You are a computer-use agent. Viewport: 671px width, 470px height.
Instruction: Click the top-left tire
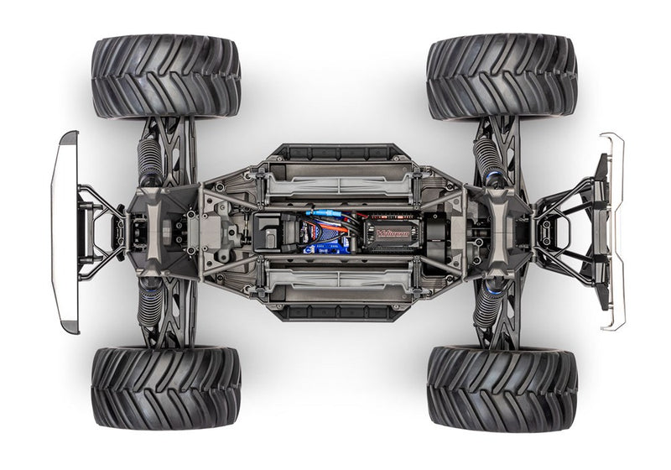[165, 76]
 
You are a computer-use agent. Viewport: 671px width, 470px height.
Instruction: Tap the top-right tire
[501, 76]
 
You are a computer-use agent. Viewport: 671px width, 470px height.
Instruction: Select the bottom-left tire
[165, 387]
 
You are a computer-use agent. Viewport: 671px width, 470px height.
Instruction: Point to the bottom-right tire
[501, 387]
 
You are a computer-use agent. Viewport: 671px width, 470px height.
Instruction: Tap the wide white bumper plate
[65, 231]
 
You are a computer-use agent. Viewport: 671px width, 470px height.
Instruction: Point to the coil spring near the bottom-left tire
[148, 306]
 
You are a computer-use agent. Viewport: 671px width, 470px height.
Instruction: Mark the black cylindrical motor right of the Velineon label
[436, 231]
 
